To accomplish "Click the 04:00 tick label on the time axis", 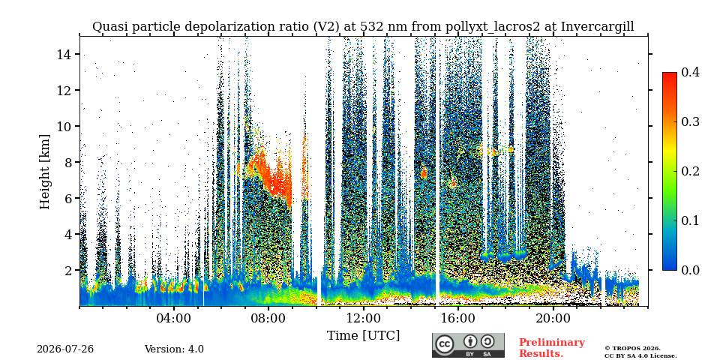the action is [174, 319].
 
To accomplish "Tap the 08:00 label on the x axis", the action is [268, 319].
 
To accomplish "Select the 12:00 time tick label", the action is [363, 319].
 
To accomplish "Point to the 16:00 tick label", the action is [458, 319].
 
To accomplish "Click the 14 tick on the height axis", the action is [64, 54].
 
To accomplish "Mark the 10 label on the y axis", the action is [64, 126].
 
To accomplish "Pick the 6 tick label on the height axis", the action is [68, 198].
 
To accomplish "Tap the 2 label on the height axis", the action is [68, 270].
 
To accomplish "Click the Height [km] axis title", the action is [44, 172].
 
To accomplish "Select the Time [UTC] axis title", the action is [363, 336].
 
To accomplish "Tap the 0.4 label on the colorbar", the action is [690, 72].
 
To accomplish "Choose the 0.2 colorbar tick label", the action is [690, 171].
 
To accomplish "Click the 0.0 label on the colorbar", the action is [690, 270].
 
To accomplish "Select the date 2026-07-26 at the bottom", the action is [65, 349].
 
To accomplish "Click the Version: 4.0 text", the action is [174, 349].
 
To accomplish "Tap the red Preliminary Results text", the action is [552, 347].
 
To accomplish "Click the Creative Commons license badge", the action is [468, 345].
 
